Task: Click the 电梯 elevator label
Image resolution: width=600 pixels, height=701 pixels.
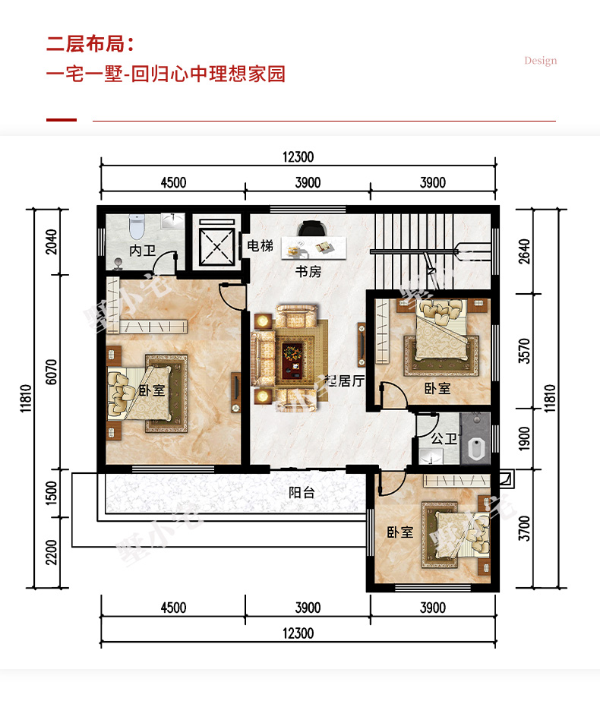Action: [261, 245]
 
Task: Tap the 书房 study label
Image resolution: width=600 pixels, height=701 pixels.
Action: [308, 271]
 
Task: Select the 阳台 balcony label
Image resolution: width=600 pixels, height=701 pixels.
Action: [302, 493]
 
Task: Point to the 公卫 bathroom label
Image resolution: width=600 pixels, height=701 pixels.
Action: [444, 438]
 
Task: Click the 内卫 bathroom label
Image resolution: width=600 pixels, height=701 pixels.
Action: [142, 251]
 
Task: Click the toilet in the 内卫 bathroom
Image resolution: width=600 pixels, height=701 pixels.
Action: [137, 227]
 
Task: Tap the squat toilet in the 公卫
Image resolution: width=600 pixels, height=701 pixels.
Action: [477, 448]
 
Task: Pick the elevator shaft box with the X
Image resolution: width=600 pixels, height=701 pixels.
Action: [217, 247]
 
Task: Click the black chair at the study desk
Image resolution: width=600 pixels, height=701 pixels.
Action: [311, 228]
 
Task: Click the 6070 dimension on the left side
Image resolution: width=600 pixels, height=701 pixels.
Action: [52, 372]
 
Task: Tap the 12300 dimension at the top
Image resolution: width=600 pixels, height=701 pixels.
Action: [298, 157]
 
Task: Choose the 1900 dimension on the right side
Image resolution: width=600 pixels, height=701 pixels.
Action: [524, 439]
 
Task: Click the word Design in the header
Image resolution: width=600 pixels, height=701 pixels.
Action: [541, 60]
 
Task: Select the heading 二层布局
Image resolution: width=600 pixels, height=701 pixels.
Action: [85, 44]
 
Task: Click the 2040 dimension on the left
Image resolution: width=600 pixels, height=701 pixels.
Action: [52, 242]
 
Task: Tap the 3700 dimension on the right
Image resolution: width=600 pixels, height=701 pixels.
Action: [524, 529]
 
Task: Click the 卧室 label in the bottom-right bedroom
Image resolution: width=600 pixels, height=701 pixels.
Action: [400, 532]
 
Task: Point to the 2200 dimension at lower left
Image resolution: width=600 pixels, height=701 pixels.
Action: [52, 553]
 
